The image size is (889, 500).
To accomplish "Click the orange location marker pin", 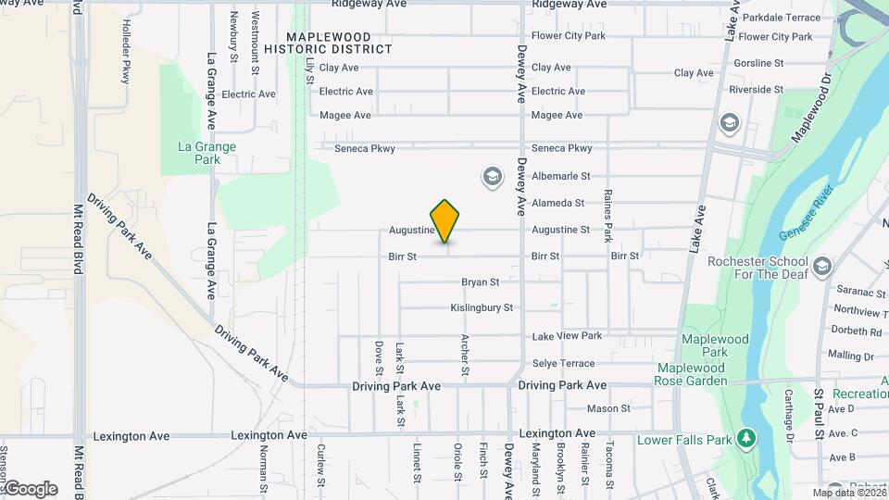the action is [x=445, y=220].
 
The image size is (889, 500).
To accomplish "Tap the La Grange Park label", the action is [x=207, y=153].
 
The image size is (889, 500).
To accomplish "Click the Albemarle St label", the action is [x=560, y=176].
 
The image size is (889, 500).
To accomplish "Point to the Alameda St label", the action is [x=558, y=203].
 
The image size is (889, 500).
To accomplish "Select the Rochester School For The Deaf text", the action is [x=758, y=268].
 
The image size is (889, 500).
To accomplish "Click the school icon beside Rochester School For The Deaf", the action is [x=820, y=268].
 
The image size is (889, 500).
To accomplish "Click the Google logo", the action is [x=30, y=489].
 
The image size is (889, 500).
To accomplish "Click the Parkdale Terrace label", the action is [x=782, y=18].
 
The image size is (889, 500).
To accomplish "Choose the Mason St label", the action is [x=608, y=408].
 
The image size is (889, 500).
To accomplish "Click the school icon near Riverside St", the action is [x=729, y=122].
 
